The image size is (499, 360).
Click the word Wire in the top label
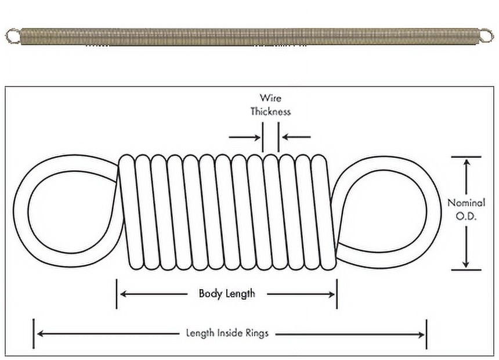[x=270, y=98]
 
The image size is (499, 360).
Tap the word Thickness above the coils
[x=270, y=111]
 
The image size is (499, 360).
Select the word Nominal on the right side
[x=467, y=203]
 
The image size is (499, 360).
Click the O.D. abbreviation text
[x=466, y=217]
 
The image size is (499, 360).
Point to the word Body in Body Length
[x=211, y=294]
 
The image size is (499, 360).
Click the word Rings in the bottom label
[x=257, y=333]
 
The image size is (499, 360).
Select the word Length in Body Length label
[x=240, y=294]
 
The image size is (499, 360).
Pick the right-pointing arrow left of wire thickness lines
[x=244, y=137]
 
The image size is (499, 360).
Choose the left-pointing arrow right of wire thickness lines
[x=296, y=137]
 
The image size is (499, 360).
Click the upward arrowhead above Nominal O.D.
[x=467, y=163]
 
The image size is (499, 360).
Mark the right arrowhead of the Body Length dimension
[x=331, y=294]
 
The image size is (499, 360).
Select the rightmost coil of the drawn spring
[x=324, y=212]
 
